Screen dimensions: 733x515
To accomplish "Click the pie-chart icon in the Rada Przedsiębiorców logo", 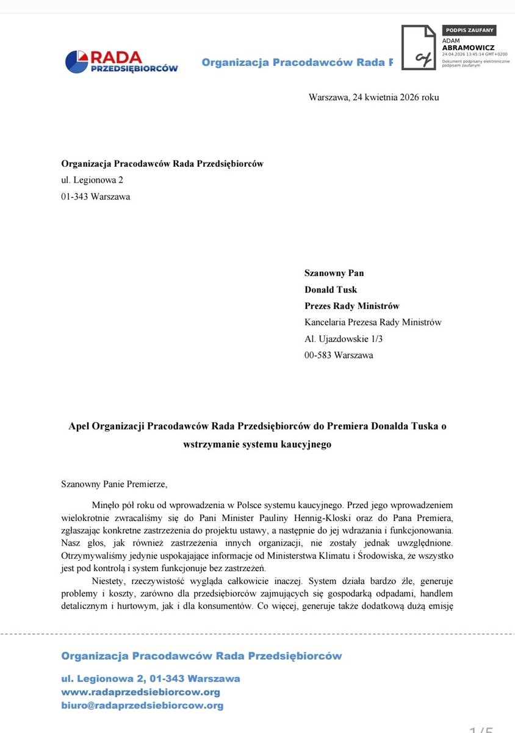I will pyautogui.click(x=77, y=62).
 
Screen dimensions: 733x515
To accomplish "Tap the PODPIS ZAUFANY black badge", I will pyautogui.click(x=468, y=30).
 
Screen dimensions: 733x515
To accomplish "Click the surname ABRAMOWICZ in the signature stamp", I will pyautogui.click(x=469, y=47).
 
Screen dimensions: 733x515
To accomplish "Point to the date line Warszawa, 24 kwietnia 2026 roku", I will pyautogui.click(x=373, y=97).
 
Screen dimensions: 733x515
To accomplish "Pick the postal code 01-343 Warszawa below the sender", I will pyautogui.click(x=96, y=197).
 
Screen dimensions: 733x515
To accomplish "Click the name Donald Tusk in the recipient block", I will pyautogui.click(x=331, y=290).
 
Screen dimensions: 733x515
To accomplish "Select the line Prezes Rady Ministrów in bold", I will pyautogui.click(x=352, y=306).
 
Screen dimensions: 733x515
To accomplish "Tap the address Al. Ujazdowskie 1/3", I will pyautogui.click(x=347, y=338).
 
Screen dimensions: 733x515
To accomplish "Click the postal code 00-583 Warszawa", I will pyautogui.click(x=339, y=355).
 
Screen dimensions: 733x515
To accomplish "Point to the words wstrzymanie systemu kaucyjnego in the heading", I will pyautogui.click(x=257, y=444).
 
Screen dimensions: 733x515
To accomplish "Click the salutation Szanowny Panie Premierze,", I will pyautogui.click(x=113, y=484).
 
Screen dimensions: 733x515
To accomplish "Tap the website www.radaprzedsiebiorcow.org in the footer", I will pyautogui.click(x=140, y=692).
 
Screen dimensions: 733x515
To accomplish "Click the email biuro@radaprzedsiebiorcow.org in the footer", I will pyautogui.click(x=142, y=706).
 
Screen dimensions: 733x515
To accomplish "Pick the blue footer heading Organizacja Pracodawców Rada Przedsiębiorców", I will pyautogui.click(x=201, y=656).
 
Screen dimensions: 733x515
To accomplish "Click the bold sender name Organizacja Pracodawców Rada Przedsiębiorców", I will pyautogui.click(x=162, y=163).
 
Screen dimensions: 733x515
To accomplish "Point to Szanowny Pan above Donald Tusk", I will pyautogui.click(x=334, y=273).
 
